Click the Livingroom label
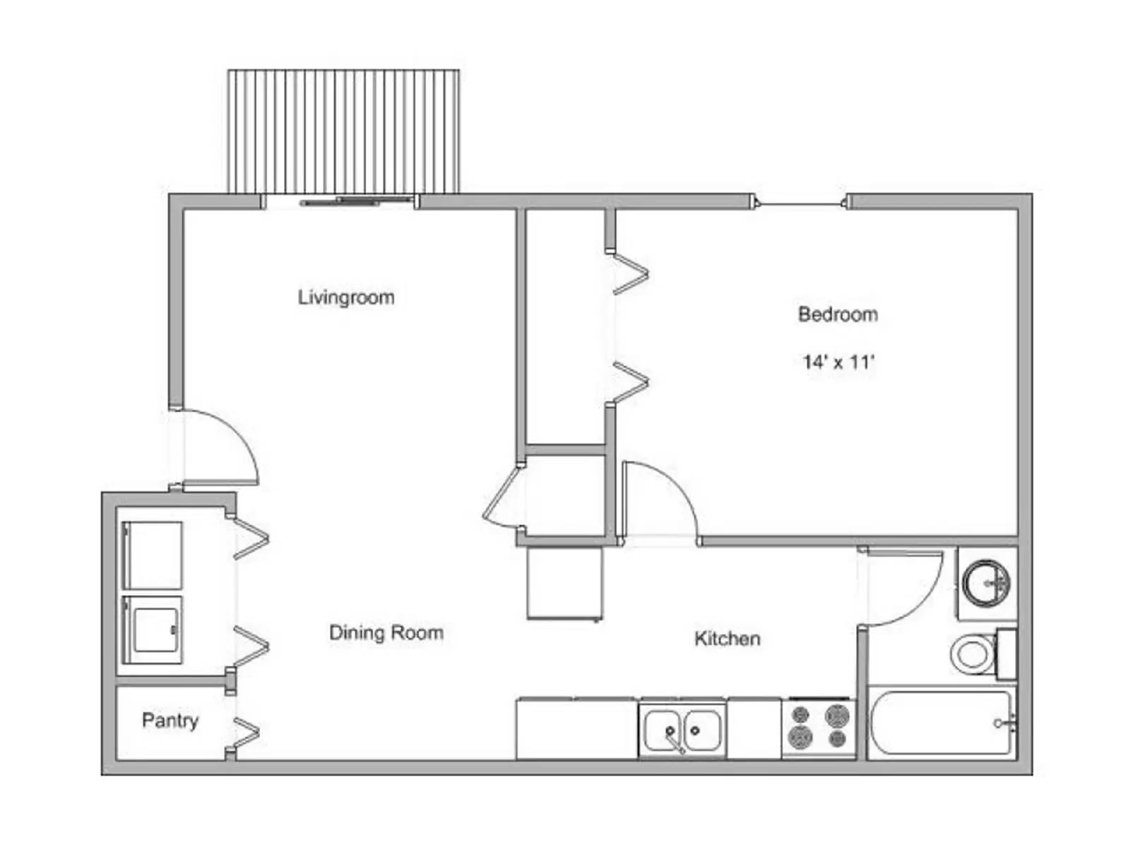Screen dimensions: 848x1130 pos(345,298)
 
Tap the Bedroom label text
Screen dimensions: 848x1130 pos(838,314)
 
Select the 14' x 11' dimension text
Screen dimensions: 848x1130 pos(838,362)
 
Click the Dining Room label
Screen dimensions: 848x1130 pos(386,632)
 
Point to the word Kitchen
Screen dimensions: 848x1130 pos(727,639)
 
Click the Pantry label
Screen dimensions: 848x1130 pos(170,721)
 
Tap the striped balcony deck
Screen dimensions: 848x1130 pos(344,131)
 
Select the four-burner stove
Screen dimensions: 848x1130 pos(819,728)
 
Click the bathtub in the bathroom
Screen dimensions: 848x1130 pos(941,723)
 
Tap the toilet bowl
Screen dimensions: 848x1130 pos(973,654)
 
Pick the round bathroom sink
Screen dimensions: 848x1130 pos(986,583)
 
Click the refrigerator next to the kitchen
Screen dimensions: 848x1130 pos(565,584)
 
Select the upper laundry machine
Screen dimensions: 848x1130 pos(153,555)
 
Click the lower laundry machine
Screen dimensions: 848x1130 pos(153,630)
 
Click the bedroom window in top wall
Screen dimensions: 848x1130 pos(801,204)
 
